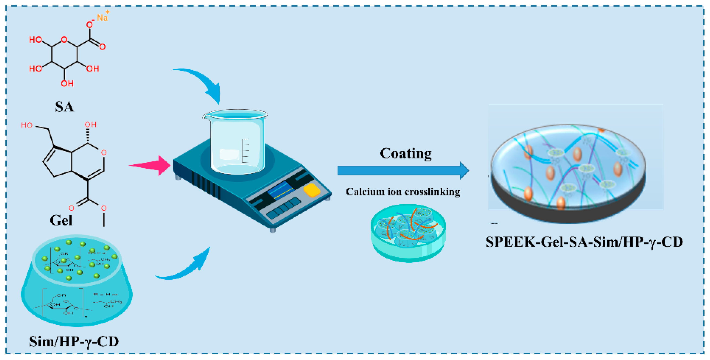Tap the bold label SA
click(x=64, y=107)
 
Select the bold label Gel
click(x=61, y=220)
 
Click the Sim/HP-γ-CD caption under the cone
click(x=74, y=342)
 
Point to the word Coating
click(x=406, y=153)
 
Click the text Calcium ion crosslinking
click(x=403, y=192)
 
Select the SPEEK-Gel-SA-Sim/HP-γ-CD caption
click(x=584, y=242)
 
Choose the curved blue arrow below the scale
click(x=187, y=269)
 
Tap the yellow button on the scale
click(x=312, y=190)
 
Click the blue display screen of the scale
click(x=281, y=190)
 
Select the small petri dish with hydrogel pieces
click(x=408, y=233)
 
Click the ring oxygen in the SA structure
click(x=64, y=40)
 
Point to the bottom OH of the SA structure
click(x=67, y=83)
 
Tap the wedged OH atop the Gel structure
click(x=90, y=125)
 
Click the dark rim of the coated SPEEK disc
click(x=568, y=212)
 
